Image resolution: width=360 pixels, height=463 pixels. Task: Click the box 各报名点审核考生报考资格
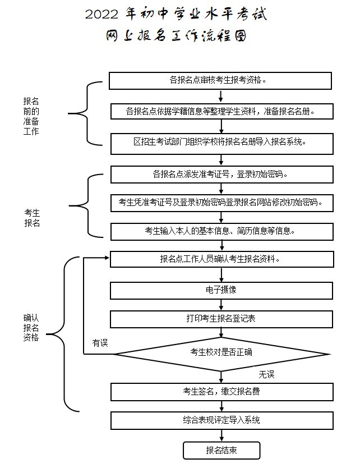[x=221, y=80]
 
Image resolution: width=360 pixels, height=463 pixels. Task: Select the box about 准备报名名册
[x=221, y=111]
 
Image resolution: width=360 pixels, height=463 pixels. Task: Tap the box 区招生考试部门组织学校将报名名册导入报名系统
[x=221, y=143]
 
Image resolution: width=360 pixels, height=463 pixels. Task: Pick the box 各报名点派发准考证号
[x=221, y=174]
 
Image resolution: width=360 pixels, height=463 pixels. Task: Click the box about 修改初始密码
[x=221, y=202]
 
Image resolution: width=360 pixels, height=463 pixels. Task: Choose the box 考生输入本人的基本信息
[x=221, y=231]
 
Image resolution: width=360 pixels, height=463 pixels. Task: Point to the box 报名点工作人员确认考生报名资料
[x=221, y=259]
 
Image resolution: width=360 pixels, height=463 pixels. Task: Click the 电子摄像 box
[x=221, y=290]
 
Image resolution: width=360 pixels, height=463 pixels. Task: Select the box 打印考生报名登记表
[x=221, y=319]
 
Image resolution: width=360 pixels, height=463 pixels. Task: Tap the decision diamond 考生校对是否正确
[x=221, y=353]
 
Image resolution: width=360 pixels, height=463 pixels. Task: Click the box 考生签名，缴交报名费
[x=221, y=391]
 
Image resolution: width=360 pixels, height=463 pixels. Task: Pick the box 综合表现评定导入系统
[x=221, y=420]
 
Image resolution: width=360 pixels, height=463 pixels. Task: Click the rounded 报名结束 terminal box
[x=221, y=450]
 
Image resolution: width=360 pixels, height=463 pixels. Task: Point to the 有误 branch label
[x=100, y=343]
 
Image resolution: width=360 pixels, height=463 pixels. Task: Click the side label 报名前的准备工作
[x=31, y=116]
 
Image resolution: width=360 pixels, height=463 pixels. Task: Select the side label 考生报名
[x=31, y=217]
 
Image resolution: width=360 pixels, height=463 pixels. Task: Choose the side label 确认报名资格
[x=31, y=327]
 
